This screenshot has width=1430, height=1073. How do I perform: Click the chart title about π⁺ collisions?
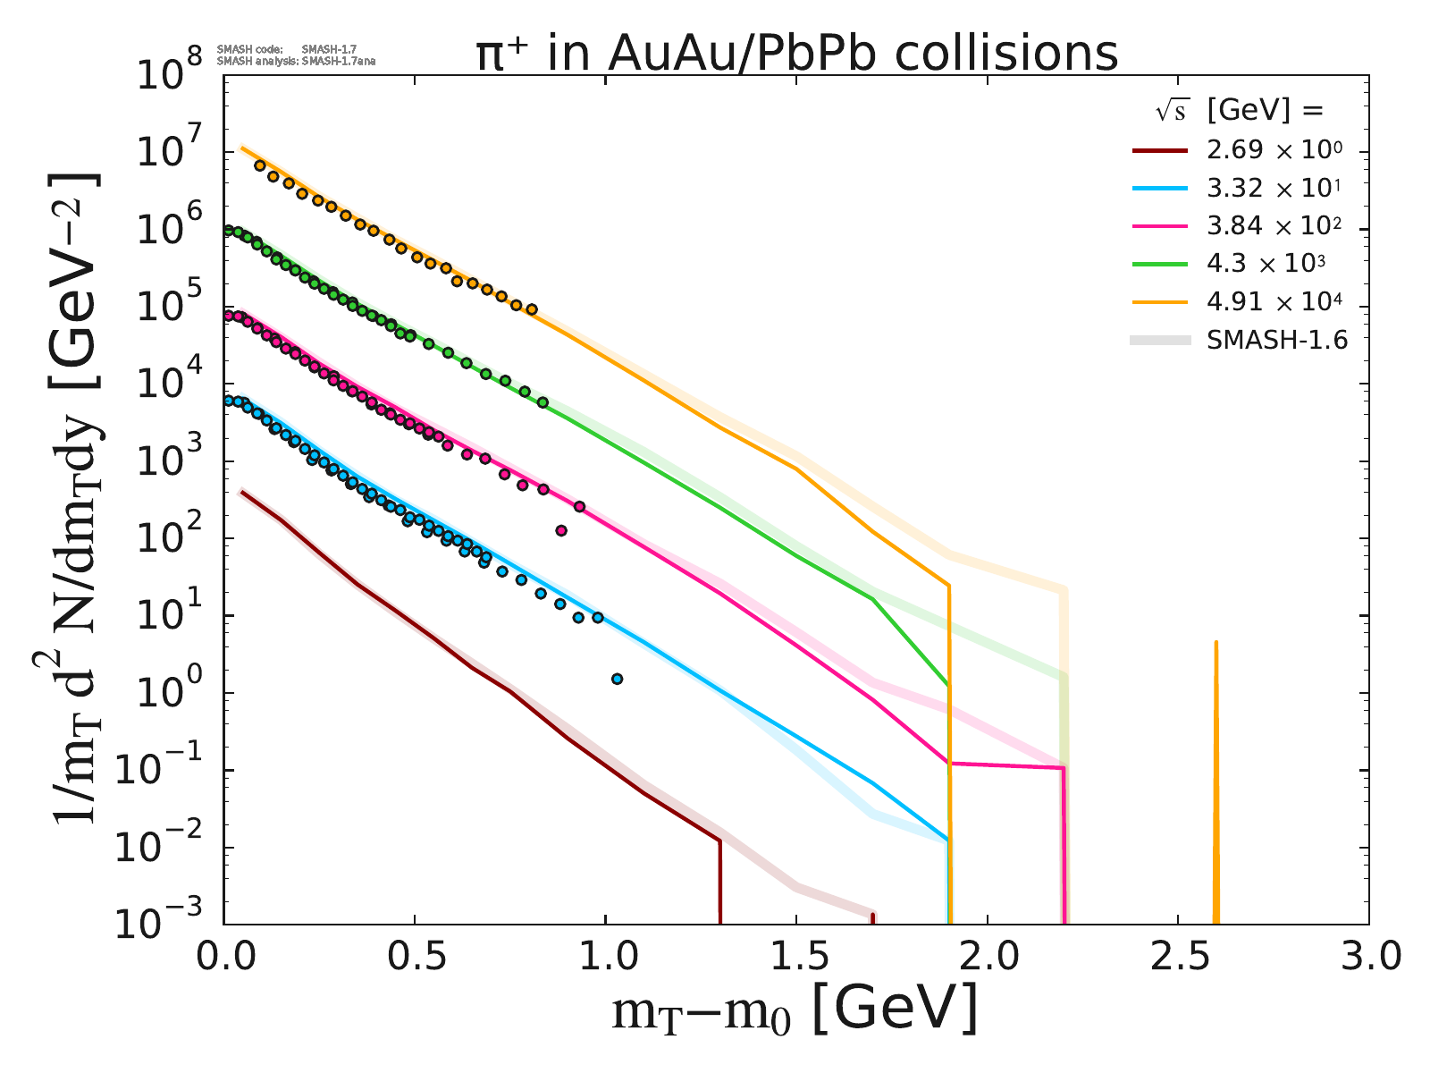point(796,53)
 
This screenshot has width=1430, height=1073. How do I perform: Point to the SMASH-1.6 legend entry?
point(1276,340)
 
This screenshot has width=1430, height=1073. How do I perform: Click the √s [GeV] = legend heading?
point(1238,111)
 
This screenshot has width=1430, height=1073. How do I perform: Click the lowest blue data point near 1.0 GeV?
point(617,679)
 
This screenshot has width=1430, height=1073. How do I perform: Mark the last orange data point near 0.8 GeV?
point(532,309)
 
